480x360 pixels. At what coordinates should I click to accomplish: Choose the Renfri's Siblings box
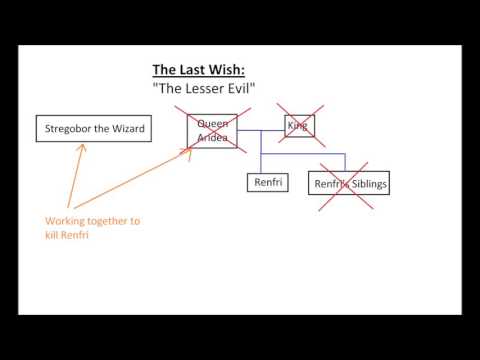(350, 184)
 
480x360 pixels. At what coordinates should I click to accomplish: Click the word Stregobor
(68, 128)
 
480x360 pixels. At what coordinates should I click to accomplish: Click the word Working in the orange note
(65, 221)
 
